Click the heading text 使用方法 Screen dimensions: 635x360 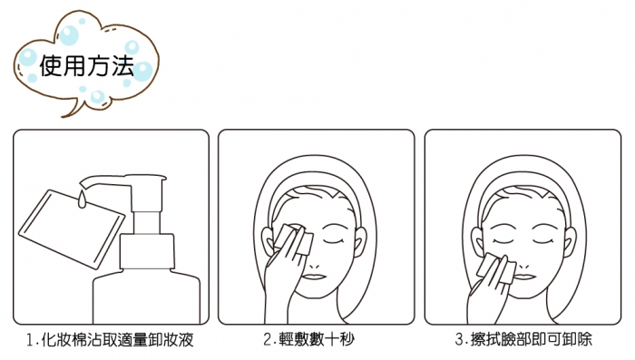(x=87, y=65)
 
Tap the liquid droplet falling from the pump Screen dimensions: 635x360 (x=83, y=199)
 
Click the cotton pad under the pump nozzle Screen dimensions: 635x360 (x=72, y=229)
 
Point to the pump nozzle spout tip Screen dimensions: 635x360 (x=82, y=183)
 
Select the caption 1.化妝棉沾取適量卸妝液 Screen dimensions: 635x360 (x=110, y=339)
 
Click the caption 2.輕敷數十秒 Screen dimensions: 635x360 (x=308, y=339)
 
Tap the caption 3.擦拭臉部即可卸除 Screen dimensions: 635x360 (x=523, y=339)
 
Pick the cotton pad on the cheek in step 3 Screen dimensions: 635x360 (x=495, y=268)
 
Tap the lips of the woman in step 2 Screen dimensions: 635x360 (x=315, y=277)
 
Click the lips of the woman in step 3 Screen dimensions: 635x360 (x=525, y=277)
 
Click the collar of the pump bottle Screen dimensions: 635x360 (x=147, y=251)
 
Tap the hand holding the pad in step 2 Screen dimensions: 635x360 (x=283, y=279)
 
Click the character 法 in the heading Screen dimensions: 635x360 (x=122, y=65)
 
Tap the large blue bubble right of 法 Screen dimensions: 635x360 (x=142, y=72)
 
